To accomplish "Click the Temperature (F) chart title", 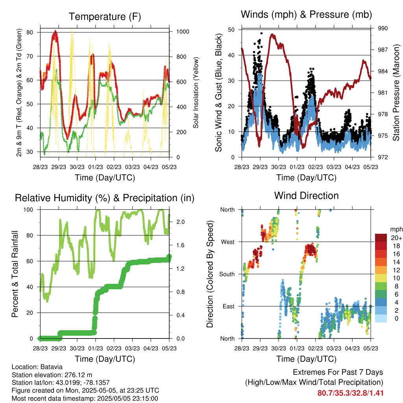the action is (105, 17).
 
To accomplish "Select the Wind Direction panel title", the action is (306, 196).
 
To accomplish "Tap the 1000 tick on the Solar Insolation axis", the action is (183, 31).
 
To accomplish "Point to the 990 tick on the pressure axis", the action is (383, 28).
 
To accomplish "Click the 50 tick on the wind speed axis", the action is (231, 30).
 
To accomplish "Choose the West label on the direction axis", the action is (228, 242).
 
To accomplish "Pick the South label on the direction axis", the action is (227, 274).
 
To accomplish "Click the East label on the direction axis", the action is (229, 306).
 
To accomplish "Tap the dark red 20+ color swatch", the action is (381, 238).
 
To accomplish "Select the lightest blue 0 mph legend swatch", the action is (381, 318).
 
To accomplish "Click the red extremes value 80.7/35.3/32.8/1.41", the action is (350, 393).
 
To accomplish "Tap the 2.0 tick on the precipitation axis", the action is (180, 222).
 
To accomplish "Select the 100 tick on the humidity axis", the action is (28, 210).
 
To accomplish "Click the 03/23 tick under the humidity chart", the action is (132, 348).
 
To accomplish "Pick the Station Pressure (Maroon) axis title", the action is (396, 93).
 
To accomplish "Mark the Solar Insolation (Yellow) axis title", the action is (196, 93).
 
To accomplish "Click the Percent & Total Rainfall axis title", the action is (15, 274).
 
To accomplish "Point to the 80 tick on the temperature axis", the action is (30, 32).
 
